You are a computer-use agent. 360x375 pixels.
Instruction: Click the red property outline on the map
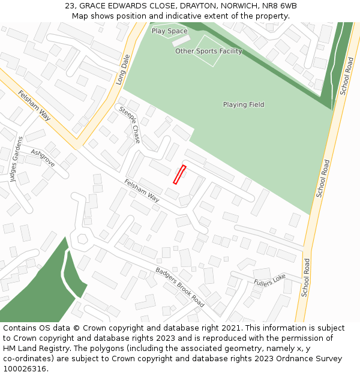tap(179, 175)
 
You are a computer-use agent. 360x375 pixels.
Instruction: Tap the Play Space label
tap(169, 31)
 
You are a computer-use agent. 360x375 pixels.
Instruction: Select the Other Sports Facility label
tap(209, 52)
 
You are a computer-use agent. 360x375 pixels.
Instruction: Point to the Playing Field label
tap(244, 105)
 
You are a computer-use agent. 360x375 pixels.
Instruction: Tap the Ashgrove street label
tap(43, 158)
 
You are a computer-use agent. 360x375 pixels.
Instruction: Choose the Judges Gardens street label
tap(16, 158)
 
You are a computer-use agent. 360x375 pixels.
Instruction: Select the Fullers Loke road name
tap(269, 280)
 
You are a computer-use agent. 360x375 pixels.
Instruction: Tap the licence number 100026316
tap(25, 369)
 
